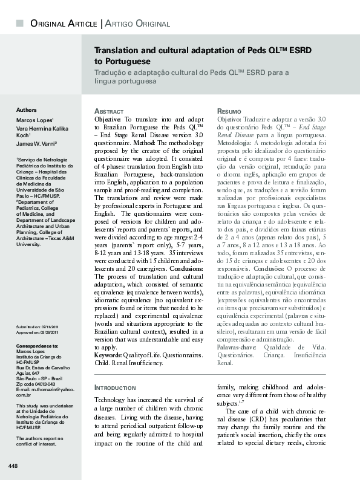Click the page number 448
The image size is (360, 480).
pyautogui.click(x=13, y=465)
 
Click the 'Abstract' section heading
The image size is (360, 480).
pyautogui.click(x=110, y=112)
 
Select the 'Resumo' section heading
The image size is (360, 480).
pyautogui.click(x=229, y=112)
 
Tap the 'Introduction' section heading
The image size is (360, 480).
pyautogui.click(x=115, y=387)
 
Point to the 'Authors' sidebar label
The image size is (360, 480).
pyautogui.click(x=27, y=110)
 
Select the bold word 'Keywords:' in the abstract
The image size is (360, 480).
pyautogui.click(x=108, y=355)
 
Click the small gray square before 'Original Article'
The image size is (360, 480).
pyautogui.click(x=20, y=23)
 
